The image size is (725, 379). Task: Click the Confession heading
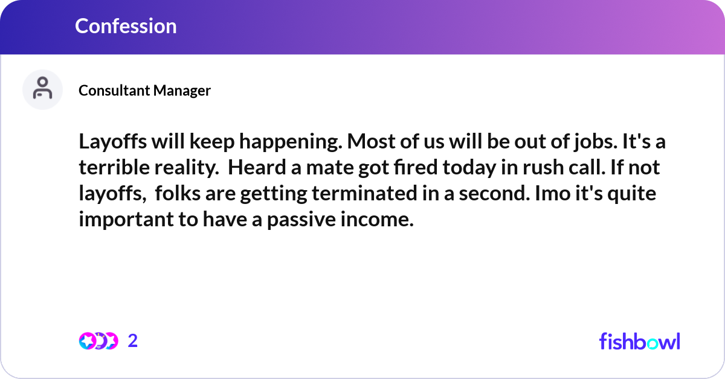click(126, 26)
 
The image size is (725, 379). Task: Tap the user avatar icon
click(42, 89)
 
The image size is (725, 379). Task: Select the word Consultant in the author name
click(114, 91)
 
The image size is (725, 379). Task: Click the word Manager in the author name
click(182, 91)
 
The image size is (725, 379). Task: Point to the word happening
click(291, 142)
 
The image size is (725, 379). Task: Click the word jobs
click(596, 142)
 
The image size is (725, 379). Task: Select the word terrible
click(114, 168)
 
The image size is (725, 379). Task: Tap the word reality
click(187, 168)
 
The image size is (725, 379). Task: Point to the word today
click(469, 168)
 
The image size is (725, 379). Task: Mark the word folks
click(178, 193)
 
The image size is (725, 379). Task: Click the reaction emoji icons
click(98, 341)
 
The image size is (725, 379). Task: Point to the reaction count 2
click(133, 341)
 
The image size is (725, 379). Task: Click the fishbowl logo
click(640, 341)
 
